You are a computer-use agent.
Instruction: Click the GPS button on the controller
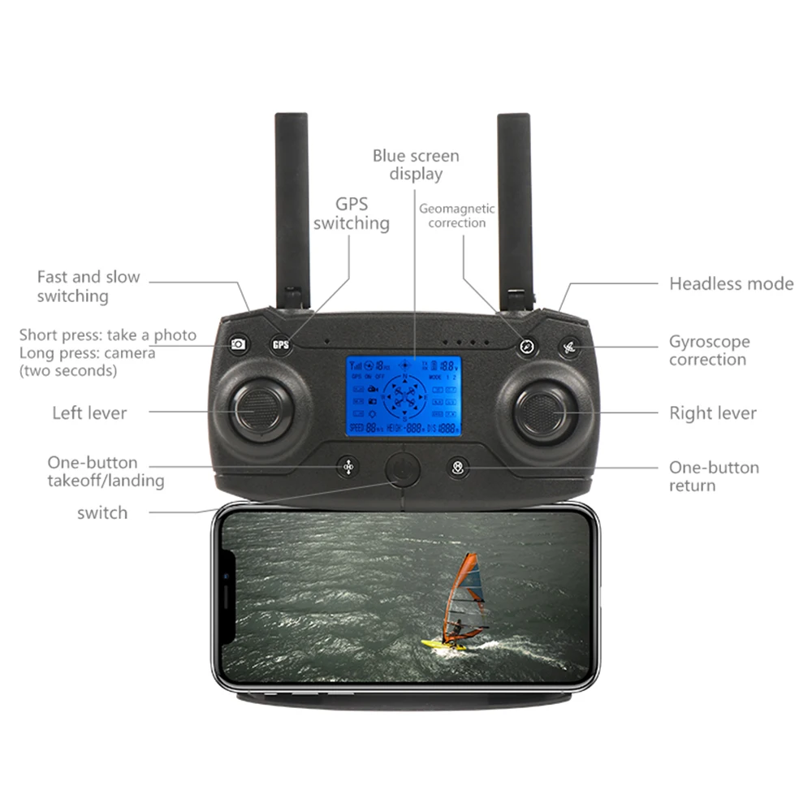pyautogui.click(x=281, y=344)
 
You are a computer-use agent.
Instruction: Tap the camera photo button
pyautogui.click(x=238, y=344)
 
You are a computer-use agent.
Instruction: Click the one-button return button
pyautogui.click(x=458, y=468)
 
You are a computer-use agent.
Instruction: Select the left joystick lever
pyautogui.click(x=259, y=409)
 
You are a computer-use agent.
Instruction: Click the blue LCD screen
pyautogui.click(x=404, y=395)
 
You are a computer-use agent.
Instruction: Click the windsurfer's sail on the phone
pyautogui.click(x=467, y=589)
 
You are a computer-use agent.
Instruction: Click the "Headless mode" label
pyautogui.click(x=731, y=283)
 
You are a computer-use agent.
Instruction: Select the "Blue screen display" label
pyautogui.click(x=416, y=165)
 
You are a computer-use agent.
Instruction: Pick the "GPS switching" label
pyautogui.click(x=352, y=214)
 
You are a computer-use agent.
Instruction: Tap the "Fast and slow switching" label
pyautogui.click(x=88, y=287)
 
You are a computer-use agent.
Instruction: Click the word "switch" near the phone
pyautogui.click(x=102, y=512)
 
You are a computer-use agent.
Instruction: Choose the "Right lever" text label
pyautogui.click(x=712, y=413)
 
